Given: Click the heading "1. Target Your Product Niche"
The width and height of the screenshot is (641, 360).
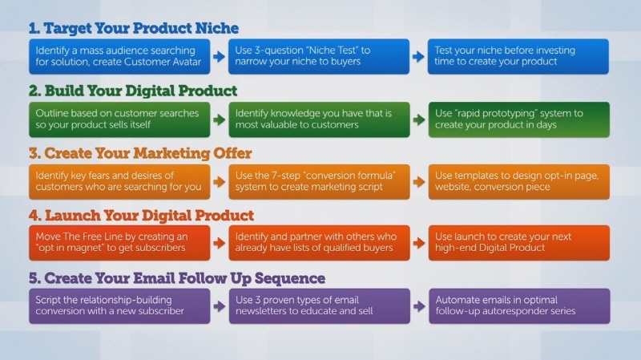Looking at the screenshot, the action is [x=134, y=28].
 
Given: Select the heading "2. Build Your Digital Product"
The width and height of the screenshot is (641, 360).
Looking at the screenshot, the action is [x=133, y=91].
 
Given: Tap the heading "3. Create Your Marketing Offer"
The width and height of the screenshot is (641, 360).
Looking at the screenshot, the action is [x=140, y=153].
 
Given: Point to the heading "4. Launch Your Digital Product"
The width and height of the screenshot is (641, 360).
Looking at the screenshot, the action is [x=142, y=215].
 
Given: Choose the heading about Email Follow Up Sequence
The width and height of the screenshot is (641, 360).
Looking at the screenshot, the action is [x=177, y=278].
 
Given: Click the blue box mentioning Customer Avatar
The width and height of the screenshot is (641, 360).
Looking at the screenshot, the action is [x=119, y=56].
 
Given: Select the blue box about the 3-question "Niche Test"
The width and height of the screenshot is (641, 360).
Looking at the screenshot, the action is [x=319, y=56].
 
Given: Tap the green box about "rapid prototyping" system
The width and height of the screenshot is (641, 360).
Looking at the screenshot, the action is [x=518, y=119].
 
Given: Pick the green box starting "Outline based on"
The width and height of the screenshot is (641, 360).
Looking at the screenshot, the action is [x=119, y=119].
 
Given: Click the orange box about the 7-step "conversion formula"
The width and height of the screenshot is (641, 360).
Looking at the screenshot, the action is [x=319, y=182].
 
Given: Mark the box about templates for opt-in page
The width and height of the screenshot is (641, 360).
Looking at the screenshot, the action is [x=518, y=182].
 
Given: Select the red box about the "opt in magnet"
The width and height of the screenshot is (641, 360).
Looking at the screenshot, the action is [x=119, y=243].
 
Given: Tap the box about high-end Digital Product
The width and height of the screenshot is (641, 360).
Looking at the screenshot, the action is [x=518, y=243].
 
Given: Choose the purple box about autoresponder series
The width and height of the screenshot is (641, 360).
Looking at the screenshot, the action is [x=519, y=306].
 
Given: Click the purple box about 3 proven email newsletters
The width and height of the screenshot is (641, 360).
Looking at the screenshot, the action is [x=319, y=306].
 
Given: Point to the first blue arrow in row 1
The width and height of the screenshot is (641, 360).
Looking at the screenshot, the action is [x=219, y=56].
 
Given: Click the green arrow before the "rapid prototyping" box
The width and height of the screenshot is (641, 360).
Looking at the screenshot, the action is [x=419, y=119].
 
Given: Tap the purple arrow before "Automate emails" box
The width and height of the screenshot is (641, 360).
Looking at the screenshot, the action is [x=419, y=306].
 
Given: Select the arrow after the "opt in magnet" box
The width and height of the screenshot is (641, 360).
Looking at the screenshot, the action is [x=219, y=243].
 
